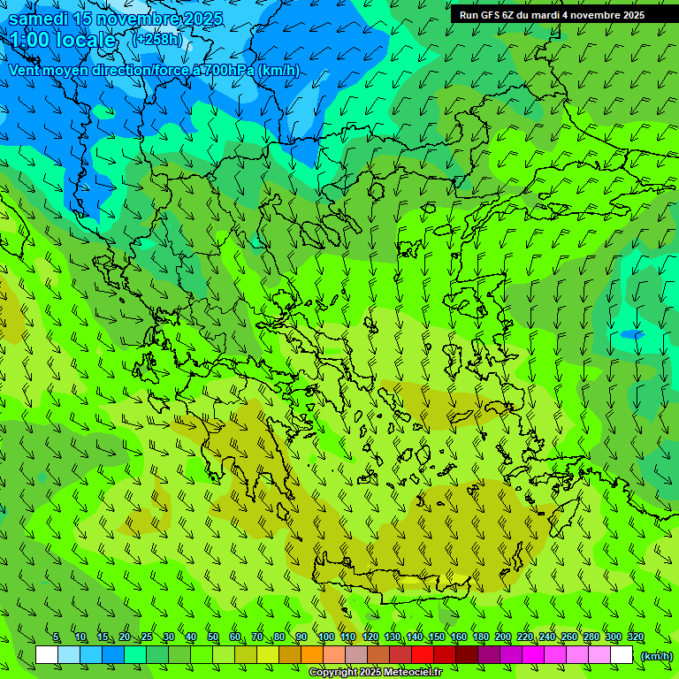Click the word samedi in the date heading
(x=39, y=19)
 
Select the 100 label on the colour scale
(x=326, y=637)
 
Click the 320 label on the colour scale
(x=635, y=637)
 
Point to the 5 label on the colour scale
(x=56, y=637)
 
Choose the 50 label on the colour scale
(x=213, y=637)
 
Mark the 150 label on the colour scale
(x=437, y=637)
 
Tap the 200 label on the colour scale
(x=503, y=637)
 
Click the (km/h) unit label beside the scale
(x=656, y=656)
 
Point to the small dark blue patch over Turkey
(x=631, y=334)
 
